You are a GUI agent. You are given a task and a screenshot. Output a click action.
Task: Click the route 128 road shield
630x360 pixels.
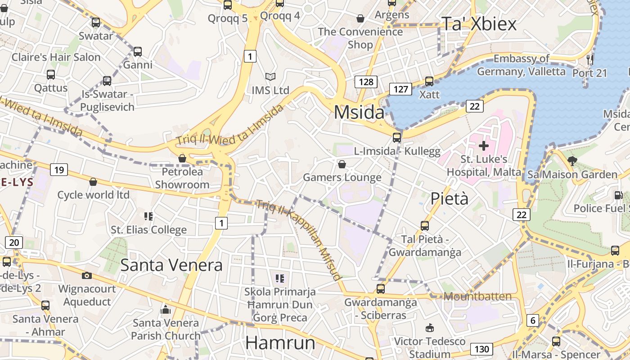366,81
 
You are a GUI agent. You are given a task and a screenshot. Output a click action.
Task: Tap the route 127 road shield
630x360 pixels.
400,89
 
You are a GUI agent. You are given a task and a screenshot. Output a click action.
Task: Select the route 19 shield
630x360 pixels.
59,170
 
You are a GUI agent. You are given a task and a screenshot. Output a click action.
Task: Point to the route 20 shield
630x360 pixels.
14,243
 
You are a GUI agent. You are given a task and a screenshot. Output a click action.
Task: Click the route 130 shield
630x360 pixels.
481,349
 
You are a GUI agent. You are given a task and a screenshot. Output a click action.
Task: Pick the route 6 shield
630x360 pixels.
533,320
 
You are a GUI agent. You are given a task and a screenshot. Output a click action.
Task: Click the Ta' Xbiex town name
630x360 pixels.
479,24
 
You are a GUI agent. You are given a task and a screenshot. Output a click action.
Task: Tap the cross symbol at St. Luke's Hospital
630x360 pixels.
484,145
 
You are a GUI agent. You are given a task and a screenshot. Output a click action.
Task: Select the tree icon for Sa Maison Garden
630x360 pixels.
572,161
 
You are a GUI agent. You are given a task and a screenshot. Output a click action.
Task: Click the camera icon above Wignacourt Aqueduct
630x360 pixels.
87,275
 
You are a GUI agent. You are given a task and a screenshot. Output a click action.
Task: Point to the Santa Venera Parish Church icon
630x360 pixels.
166,310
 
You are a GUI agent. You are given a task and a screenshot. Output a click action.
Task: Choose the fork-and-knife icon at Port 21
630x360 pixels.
590,59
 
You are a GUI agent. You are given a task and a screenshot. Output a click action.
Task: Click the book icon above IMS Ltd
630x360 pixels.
270,77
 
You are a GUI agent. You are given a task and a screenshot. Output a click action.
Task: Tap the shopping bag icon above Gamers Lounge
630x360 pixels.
342,164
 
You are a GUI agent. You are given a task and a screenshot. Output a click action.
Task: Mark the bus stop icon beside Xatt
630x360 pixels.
429,81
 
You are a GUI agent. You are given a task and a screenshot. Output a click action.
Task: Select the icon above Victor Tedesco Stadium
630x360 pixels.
430,328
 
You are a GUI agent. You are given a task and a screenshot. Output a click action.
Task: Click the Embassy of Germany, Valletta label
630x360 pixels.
521,65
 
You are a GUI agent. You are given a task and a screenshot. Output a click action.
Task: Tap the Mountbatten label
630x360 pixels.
477,297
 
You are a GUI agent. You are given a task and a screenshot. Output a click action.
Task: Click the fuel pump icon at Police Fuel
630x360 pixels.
618,195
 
